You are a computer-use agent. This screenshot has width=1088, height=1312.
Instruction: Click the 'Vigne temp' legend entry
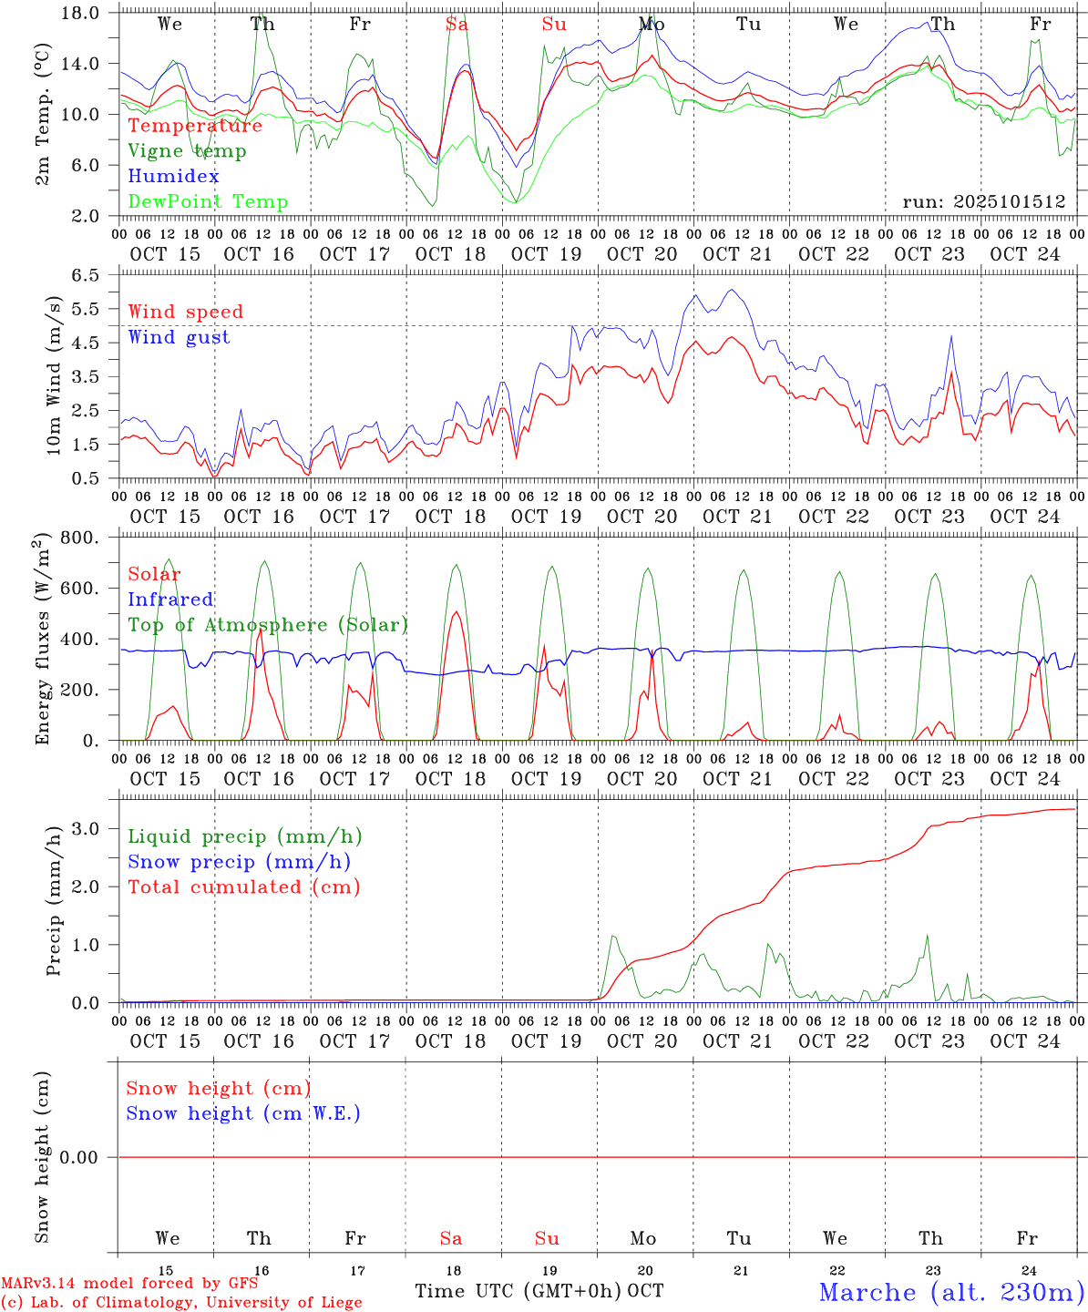tap(187, 151)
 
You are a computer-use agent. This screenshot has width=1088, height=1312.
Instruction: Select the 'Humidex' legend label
tap(173, 177)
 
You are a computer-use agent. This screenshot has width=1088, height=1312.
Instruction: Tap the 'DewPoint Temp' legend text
tap(208, 202)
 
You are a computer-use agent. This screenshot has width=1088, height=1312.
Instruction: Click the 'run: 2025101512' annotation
tap(984, 202)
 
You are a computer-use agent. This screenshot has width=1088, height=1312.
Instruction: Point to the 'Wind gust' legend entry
tap(179, 337)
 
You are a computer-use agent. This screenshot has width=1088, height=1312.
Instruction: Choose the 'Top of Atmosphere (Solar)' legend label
tap(267, 625)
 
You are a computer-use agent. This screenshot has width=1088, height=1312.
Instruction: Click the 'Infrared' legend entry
tap(170, 600)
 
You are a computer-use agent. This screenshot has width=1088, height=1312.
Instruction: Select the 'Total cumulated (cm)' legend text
tap(243, 887)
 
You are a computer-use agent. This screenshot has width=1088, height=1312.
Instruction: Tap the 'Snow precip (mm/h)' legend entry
tap(239, 862)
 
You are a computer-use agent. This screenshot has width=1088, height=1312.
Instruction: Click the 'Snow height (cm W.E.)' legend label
tap(243, 1113)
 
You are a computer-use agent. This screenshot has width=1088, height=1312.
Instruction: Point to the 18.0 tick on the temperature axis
tap(81, 13)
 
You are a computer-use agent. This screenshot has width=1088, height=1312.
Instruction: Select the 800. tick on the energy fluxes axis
tap(81, 538)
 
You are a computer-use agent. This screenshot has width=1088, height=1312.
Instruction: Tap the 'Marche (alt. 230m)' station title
tap(951, 1292)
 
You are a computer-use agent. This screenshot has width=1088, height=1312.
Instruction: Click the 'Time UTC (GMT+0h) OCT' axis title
tap(539, 1291)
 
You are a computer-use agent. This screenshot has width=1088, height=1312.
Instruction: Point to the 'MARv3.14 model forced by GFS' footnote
tap(129, 1284)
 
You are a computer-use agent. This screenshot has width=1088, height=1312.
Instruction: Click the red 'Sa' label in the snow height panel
tap(451, 1238)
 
